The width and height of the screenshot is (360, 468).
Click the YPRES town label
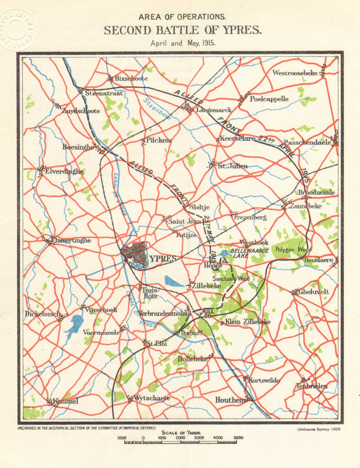(x=163, y=259)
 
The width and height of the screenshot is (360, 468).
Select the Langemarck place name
(x=213, y=110)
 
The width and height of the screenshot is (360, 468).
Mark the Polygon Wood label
(x=293, y=249)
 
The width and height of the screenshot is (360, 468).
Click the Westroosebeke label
(x=295, y=73)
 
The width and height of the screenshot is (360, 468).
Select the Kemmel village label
(x=65, y=401)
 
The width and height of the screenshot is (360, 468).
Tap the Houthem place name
(x=230, y=400)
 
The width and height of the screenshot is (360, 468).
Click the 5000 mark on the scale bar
(x=238, y=438)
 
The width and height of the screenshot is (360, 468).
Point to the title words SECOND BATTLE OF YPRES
(x=183, y=31)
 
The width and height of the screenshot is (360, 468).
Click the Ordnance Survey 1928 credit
(x=319, y=429)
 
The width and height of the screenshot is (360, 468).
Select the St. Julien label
(x=233, y=166)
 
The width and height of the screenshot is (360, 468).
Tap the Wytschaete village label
(x=152, y=398)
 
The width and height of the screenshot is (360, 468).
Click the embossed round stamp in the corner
(x=16, y=30)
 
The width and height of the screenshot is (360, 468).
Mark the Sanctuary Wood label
(x=230, y=279)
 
